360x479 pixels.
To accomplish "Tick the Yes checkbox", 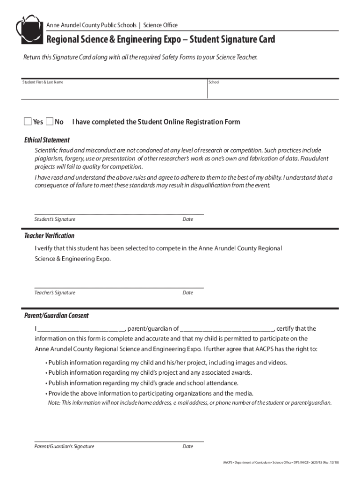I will point(28,122).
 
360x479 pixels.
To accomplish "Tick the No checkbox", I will point(50,122).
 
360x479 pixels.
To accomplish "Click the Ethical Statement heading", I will point(47,140).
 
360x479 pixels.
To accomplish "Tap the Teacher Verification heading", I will point(49,236).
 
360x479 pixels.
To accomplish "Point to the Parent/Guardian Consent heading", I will point(56,316).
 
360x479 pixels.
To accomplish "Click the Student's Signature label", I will point(55,219).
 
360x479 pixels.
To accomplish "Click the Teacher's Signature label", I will point(55,293).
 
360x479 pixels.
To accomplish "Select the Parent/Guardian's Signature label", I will point(64,446).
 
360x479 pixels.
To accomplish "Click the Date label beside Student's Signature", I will point(187,219).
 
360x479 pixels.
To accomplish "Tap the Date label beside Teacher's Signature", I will point(187,293).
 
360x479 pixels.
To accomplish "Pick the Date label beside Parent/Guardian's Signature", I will point(187,446).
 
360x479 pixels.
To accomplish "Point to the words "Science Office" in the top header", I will point(160,25).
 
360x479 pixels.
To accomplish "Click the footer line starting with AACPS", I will point(281,463).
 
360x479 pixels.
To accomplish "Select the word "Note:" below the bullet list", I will point(55,403).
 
